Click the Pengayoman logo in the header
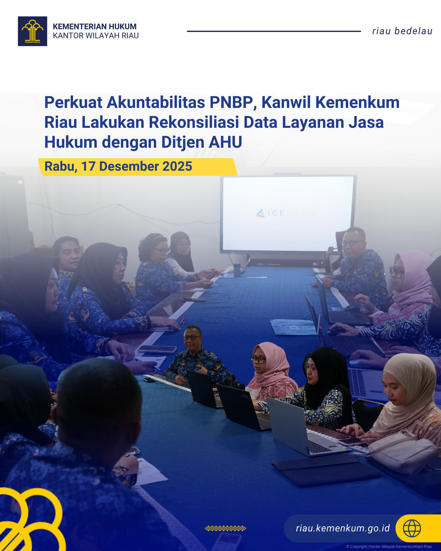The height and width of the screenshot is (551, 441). click(32, 31)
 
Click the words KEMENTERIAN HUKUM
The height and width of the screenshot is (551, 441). click(95, 26)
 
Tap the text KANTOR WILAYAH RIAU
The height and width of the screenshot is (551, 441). click(96, 36)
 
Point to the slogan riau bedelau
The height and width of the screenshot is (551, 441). click(402, 31)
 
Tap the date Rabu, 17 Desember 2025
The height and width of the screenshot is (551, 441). click(118, 166)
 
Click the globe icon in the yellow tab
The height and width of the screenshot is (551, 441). click(412, 528)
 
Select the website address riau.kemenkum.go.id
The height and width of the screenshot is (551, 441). click(343, 528)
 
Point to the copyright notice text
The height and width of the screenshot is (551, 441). click(389, 546)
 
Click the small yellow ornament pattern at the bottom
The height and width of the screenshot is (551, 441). click(225, 528)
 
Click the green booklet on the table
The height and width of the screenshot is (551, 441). click(293, 327)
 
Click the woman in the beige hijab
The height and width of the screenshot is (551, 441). click(405, 395)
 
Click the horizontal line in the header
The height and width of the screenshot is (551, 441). click(274, 31)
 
